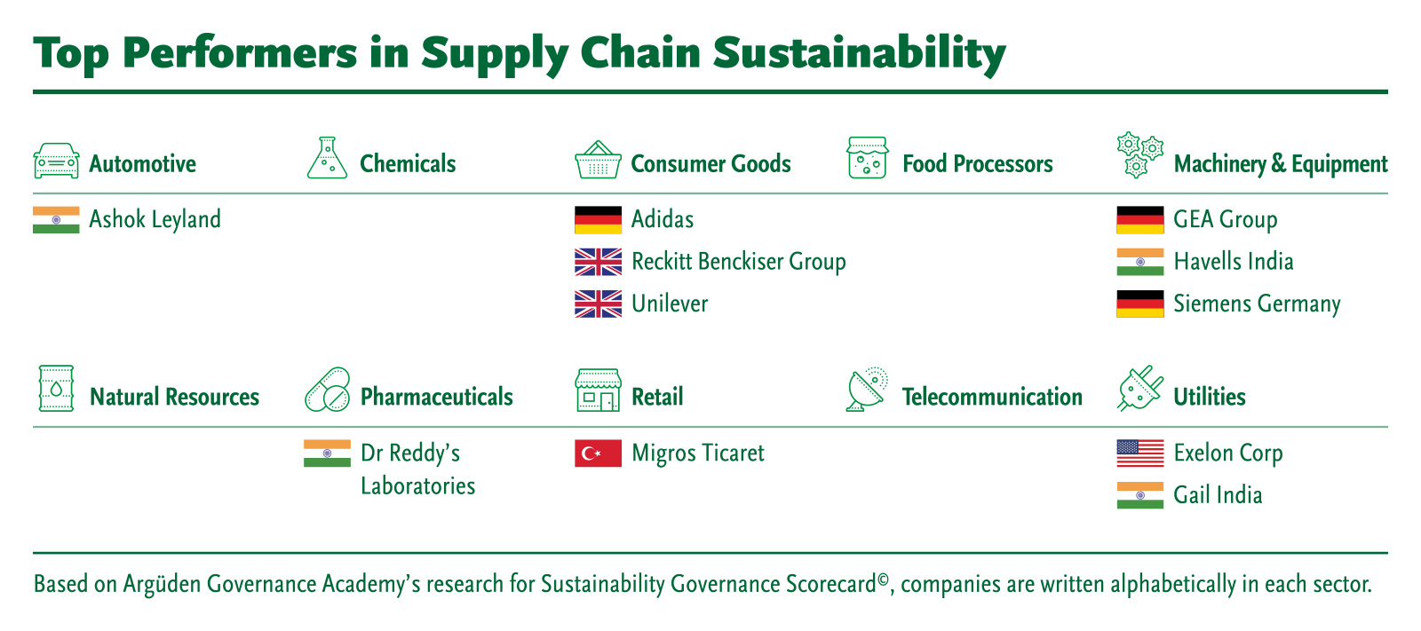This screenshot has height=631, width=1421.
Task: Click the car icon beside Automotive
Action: coord(57,161)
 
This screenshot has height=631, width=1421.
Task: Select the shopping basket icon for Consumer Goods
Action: coord(598,160)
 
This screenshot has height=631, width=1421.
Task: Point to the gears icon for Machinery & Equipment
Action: coord(1140,155)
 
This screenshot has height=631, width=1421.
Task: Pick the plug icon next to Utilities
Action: coord(1140,389)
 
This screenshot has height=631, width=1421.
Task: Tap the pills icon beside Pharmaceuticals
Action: coord(328,390)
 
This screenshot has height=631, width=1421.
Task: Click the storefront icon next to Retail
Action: coord(598,390)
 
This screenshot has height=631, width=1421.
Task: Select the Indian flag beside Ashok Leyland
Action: coord(57,220)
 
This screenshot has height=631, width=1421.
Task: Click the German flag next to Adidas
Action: coord(599,220)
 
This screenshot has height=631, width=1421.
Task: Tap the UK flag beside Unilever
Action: coord(599,304)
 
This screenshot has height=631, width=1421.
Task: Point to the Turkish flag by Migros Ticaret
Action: coord(599,454)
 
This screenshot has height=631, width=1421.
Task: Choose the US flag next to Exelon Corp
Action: coord(1140,454)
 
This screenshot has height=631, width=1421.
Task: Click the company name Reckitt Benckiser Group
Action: coord(738,262)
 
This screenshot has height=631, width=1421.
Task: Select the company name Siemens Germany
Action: coord(1257,304)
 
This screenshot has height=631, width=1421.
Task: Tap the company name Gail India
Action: coord(1218,494)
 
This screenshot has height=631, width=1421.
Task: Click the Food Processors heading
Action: coord(978,163)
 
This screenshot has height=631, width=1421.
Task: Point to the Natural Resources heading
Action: coord(174,397)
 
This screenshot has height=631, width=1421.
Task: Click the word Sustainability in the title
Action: coord(860,54)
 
